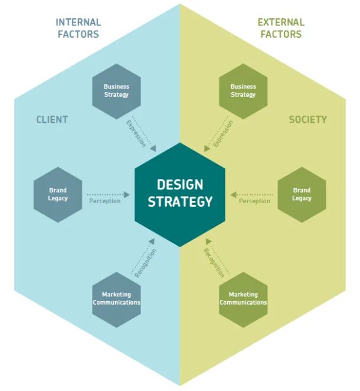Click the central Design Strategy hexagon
click(x=180, y=194)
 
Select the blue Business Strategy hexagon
click(x=116, y=91)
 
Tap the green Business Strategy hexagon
click(x=243, y=91)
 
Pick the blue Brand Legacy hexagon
click(x=58, y=194)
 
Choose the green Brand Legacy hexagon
click(x=302, y=194)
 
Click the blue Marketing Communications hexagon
click(x=116, y=298)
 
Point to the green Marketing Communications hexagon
click(x=243, y=298)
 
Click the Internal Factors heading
click(x=78, y=28)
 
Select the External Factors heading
click(x=281, y=28)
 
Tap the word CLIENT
click(x=52, y=119)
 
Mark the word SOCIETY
click(x=307, y=119)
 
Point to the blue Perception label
click(x=104, y=201)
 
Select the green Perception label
click(x=254, y=201)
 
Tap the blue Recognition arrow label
click(x=145, y=264)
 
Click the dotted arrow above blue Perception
click(x=108, y=194)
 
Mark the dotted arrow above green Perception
click(x=252, y=194)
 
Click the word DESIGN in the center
click(x=180, y=185)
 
